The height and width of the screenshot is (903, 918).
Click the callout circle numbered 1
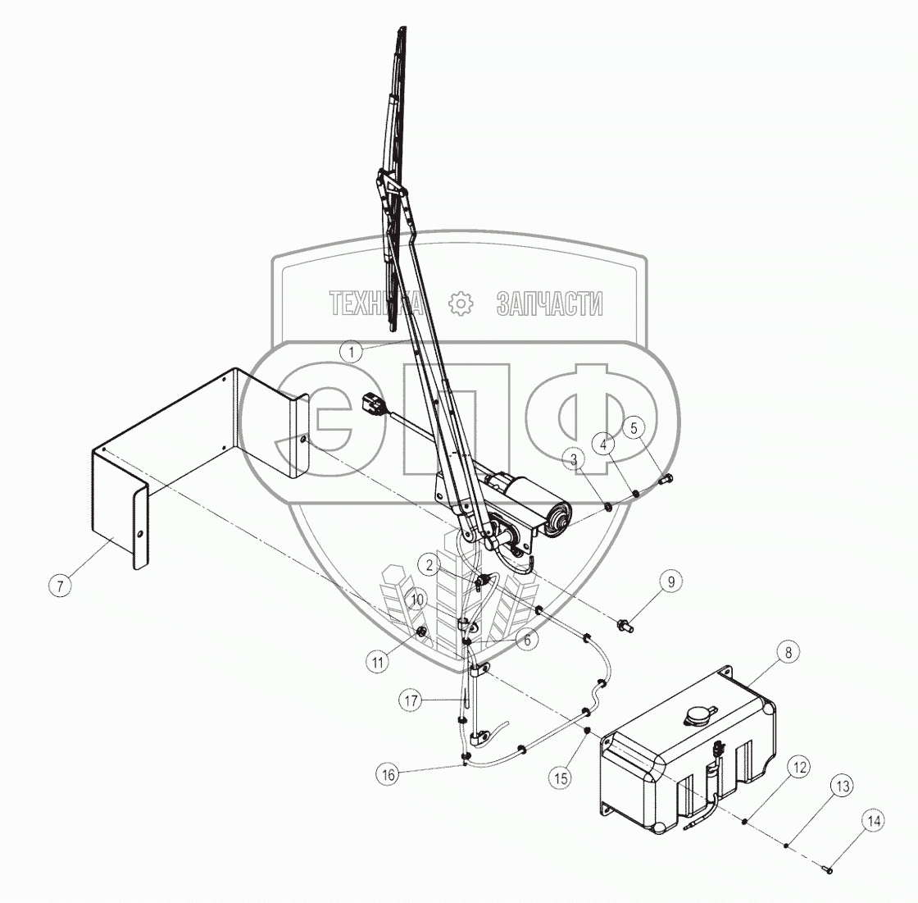(x=351, y=352)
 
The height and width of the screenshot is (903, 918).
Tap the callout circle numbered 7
(x=60, y=586)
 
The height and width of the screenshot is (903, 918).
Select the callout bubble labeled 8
(x=788, y=653)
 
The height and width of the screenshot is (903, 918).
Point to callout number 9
(x=671, y=581)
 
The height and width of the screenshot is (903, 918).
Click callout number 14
(x=873, y=819)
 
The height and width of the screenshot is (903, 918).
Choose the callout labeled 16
(x=389, y=773)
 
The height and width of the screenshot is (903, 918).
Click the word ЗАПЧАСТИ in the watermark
(x=549, y=304)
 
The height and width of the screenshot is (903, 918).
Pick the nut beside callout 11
(x=420, y=632)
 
